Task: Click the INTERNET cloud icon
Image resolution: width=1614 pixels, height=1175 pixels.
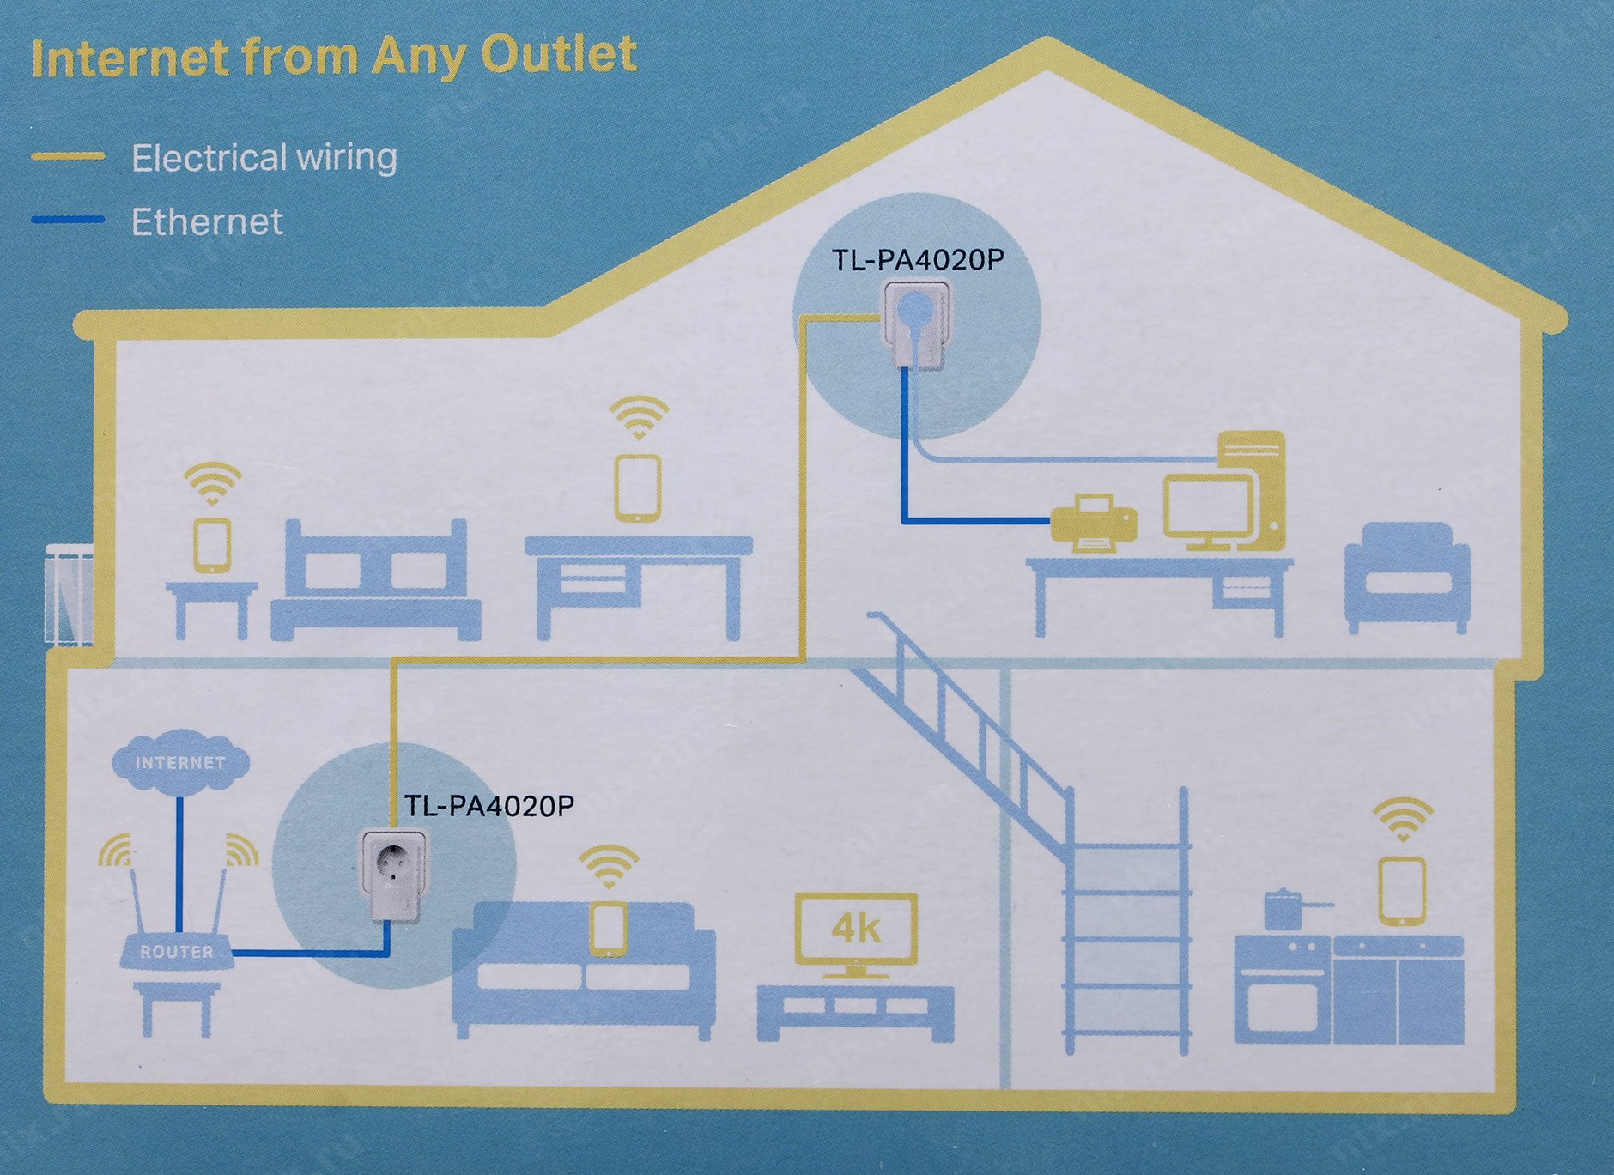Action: pos(180,760)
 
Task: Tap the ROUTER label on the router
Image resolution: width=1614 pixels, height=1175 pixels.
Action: pos(177,952)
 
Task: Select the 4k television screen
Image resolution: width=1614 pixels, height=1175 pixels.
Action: pos(856,929)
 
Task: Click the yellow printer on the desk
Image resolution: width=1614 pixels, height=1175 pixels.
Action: pos(1094,522)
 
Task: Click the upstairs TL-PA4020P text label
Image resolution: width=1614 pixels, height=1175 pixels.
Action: pos(919,260)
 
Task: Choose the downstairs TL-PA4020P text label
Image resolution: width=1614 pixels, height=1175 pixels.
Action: pos(488,805)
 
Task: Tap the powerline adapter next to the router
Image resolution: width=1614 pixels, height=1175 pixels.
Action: pos(392,875)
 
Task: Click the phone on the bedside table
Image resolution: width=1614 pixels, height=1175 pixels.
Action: pos(212,545)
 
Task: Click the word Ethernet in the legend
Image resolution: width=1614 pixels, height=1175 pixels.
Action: pos(207,221)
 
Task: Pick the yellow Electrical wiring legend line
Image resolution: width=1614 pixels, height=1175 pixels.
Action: pos(68,156)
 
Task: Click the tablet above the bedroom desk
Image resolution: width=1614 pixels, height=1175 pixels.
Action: pos(638,488)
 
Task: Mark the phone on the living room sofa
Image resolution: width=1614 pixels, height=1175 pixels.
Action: pos(609,928)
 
